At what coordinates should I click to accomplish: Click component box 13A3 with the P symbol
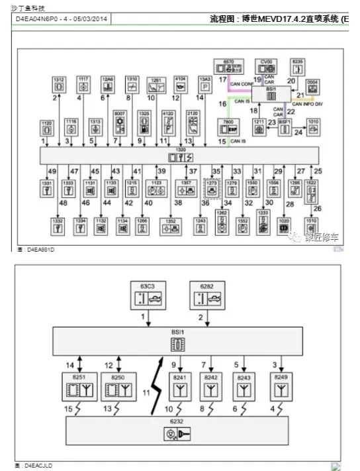coord(205,84)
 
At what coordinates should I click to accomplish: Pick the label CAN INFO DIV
coord(312,104)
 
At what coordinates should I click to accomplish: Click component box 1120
coord(47,127)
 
